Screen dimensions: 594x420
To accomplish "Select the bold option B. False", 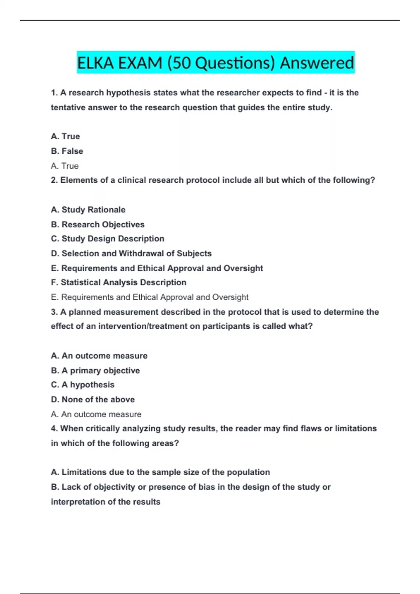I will click(67, 151).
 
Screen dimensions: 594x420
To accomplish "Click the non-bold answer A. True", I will click(65, 166).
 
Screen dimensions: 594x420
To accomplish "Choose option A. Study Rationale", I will click(88, 210).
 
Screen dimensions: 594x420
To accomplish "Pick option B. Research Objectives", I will click(98, 224).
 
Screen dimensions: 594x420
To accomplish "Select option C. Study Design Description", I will click(107, 239).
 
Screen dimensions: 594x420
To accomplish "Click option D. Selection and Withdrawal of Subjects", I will click(131, 253).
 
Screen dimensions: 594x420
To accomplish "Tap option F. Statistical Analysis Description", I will click(118, 282).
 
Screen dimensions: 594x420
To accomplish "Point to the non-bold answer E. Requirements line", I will click(149, 297).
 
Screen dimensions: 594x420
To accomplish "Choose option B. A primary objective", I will click(95, 370).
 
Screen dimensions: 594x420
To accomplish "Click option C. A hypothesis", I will click(83, 385).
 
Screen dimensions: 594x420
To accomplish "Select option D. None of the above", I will click(93, 399).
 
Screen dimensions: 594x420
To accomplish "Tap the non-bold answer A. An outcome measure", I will click(96, 414).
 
